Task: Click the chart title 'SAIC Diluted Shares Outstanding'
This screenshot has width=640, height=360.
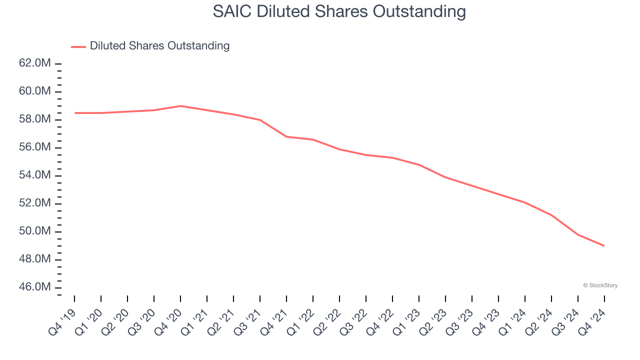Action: point(339,12)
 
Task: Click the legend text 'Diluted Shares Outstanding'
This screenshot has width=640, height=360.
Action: point(159,46)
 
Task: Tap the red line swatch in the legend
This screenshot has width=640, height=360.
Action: point(78,46)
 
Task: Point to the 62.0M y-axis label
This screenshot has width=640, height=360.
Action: point(34,63)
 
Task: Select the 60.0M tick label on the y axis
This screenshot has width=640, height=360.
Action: point(34,91)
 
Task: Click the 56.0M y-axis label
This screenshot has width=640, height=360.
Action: point(34,147)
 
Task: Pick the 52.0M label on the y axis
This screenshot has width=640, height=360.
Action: point(34,203)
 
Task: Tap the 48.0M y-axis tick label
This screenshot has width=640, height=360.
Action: point(34,259)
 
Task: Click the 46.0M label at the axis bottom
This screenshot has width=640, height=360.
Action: point(34,287)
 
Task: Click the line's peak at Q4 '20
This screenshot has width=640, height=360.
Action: point(180,106)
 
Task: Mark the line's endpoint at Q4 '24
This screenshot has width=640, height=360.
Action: point(604,245)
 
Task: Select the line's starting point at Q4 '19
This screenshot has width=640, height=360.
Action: point(75,113)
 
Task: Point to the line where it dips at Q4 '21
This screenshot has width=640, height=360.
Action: point(286,136)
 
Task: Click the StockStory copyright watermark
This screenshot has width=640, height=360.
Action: point(600,285)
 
